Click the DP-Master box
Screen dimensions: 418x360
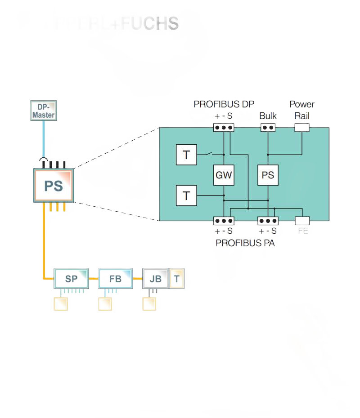(43, 111)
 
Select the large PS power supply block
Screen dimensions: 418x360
(54, 185)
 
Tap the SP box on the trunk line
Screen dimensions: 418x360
(71, 279)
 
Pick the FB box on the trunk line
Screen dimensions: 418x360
(115, 279)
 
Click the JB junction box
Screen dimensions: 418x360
(155, 279)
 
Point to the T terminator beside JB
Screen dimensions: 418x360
(177, 279)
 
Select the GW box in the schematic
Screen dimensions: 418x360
(224, 175)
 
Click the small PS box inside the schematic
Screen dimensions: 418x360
(268, 175)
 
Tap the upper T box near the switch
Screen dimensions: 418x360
(186, 155)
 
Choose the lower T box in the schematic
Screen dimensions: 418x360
(186, 196)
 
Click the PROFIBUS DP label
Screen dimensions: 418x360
(224, 104)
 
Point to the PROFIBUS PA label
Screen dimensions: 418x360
(245, 244)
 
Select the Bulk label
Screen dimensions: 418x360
(268, 116)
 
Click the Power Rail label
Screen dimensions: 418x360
(302, 110)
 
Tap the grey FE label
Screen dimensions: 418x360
(302, 232)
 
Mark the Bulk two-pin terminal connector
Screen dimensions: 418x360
(268, 128)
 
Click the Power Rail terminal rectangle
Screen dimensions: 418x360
(302, 128)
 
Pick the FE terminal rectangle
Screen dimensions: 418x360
(302, 221)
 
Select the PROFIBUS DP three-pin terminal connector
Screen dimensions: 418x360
(224, 128)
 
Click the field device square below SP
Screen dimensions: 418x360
(61, 304)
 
